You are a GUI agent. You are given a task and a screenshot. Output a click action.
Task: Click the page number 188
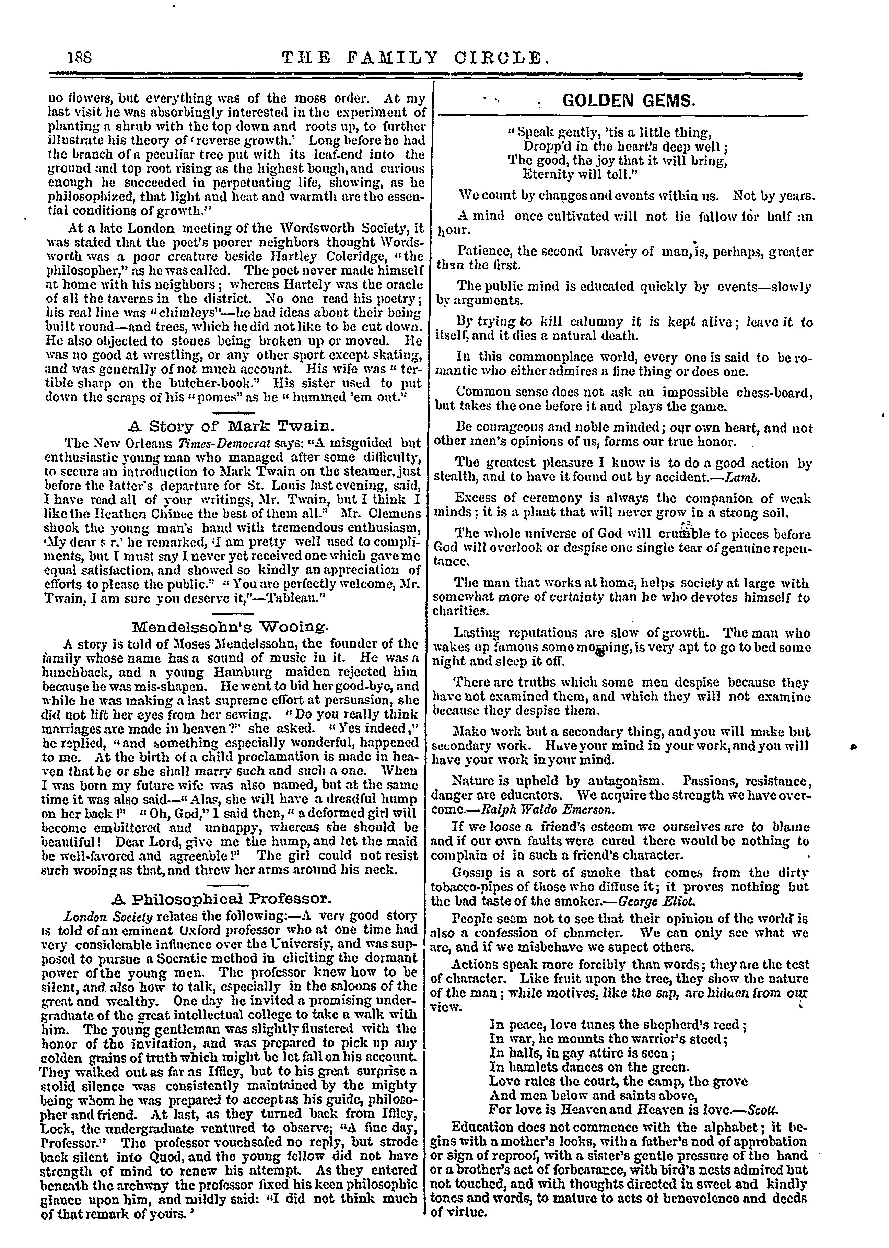[78, 56]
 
